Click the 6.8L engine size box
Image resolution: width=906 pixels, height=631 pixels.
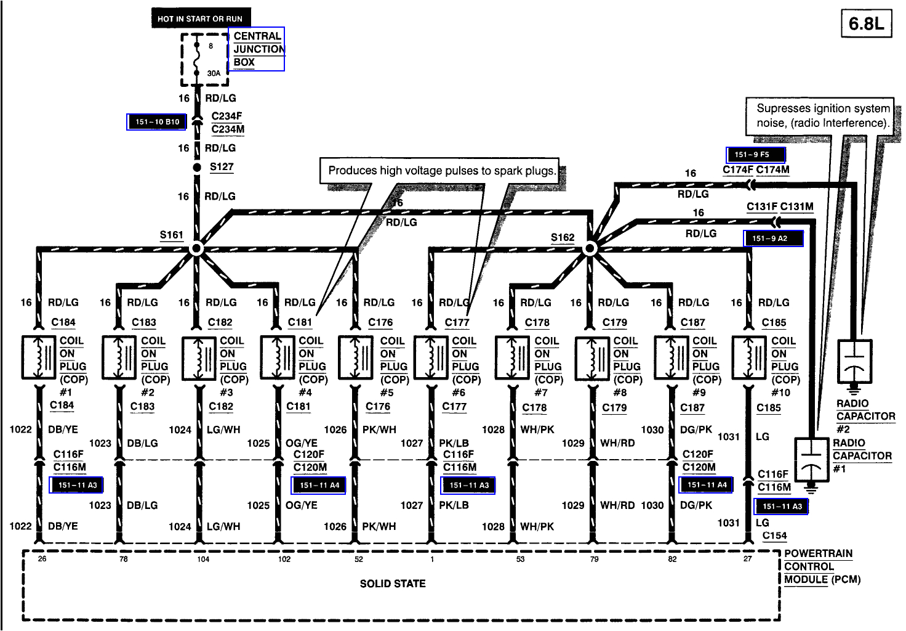866,24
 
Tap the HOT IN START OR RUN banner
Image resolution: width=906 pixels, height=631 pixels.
201,18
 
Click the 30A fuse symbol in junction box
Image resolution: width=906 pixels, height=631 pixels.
196,59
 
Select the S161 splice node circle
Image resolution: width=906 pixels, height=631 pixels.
196,249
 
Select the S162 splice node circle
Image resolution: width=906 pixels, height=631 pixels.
590,249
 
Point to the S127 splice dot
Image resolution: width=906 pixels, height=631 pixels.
197,168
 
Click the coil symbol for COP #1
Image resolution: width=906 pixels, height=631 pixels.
39,357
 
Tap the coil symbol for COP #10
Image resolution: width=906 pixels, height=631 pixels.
750,357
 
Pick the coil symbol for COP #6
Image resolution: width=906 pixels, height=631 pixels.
432,357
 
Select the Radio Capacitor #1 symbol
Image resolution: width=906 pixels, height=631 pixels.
812,460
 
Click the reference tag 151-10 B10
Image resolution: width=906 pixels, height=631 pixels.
157,122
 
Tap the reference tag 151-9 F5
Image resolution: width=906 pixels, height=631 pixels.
756,155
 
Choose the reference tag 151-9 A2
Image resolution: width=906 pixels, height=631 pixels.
773,238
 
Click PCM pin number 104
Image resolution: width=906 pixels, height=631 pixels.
203,560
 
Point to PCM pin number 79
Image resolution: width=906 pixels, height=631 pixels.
594,560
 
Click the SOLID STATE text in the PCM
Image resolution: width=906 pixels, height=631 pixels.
393,584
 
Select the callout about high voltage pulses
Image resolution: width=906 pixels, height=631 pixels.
441,171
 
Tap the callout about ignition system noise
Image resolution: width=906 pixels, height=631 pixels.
822,115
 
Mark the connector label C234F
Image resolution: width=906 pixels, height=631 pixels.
226,116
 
